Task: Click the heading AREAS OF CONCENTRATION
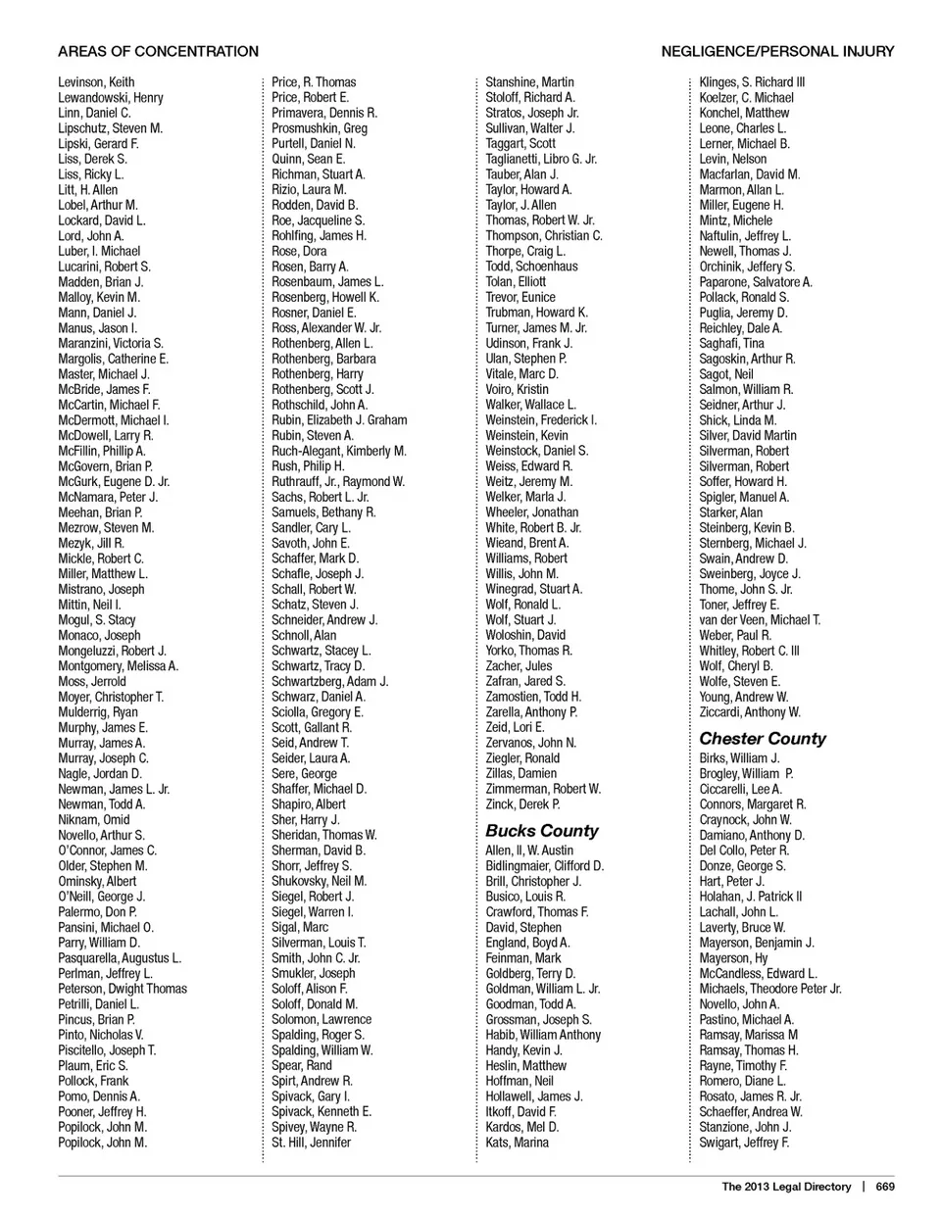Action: click(158, 51)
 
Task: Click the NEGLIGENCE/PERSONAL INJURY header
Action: click(777, 51)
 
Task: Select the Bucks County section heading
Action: click(541, 831)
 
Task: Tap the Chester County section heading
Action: click(763, 739)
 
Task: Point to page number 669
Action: click(885, 1187)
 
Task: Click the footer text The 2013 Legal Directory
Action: click(786, 1187)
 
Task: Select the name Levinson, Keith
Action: click(96, 82)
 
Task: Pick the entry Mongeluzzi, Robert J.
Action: click(112, 651)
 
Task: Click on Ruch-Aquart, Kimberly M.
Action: click(338, 451)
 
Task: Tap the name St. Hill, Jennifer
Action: click(311, 1143)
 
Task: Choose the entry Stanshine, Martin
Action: click(529, 82)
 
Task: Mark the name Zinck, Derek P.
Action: click(522, 804)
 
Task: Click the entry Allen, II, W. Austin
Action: click(529, 851)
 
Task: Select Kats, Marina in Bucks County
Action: click(517, 1143)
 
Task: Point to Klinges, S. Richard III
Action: click(752, 82)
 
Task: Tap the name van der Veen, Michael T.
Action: click(760, 620)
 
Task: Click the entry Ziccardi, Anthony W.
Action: click(750, 712)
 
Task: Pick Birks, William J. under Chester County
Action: click(739, 758)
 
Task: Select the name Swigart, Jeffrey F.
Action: click(744, 1143)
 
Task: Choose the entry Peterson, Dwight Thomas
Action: click(123, 989)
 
